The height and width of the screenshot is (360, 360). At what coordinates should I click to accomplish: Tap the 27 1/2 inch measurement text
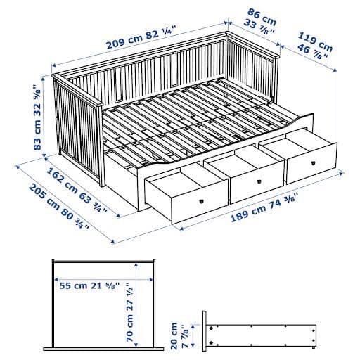click(x=131, y=296)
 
